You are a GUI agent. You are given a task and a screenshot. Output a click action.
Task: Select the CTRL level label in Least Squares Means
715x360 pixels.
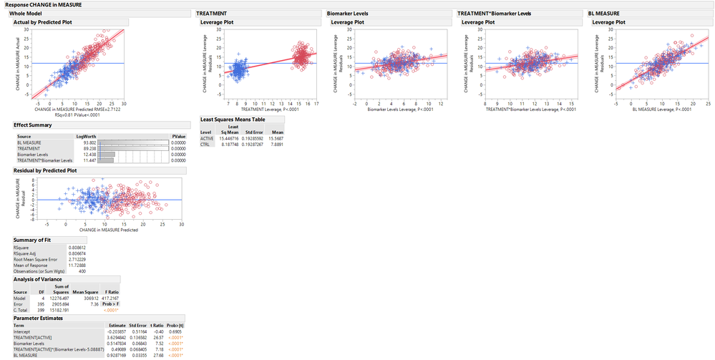(206, 145)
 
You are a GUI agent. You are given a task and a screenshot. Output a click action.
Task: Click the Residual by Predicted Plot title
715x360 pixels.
(44, 171)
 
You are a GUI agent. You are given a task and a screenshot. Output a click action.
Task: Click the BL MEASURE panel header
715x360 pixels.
(603, 14)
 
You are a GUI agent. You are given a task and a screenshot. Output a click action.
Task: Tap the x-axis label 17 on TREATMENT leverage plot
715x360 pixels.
(316, 103)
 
